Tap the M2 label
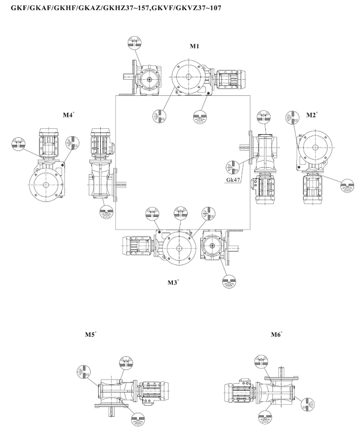point(311,114)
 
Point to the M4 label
point(68,113)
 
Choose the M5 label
point(91,334)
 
